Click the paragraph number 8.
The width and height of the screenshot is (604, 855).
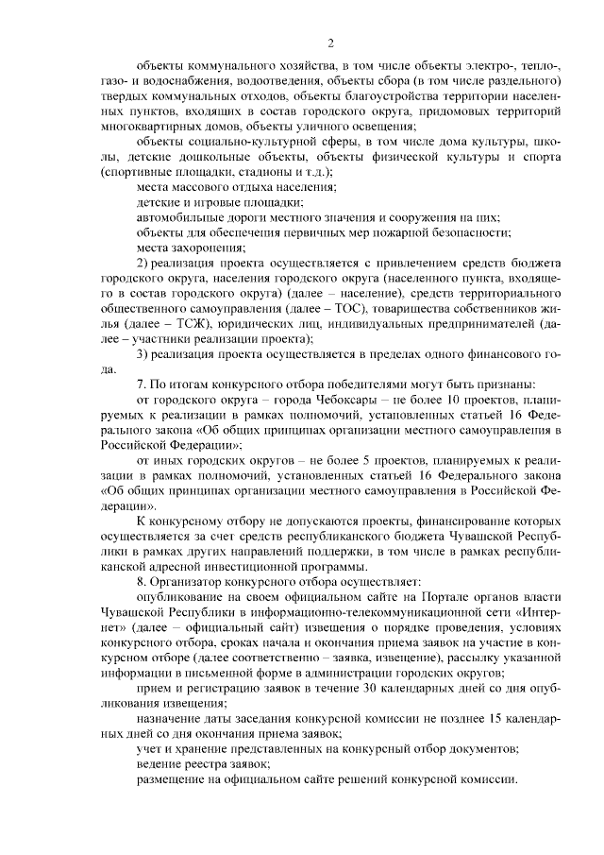coord(142,579)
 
